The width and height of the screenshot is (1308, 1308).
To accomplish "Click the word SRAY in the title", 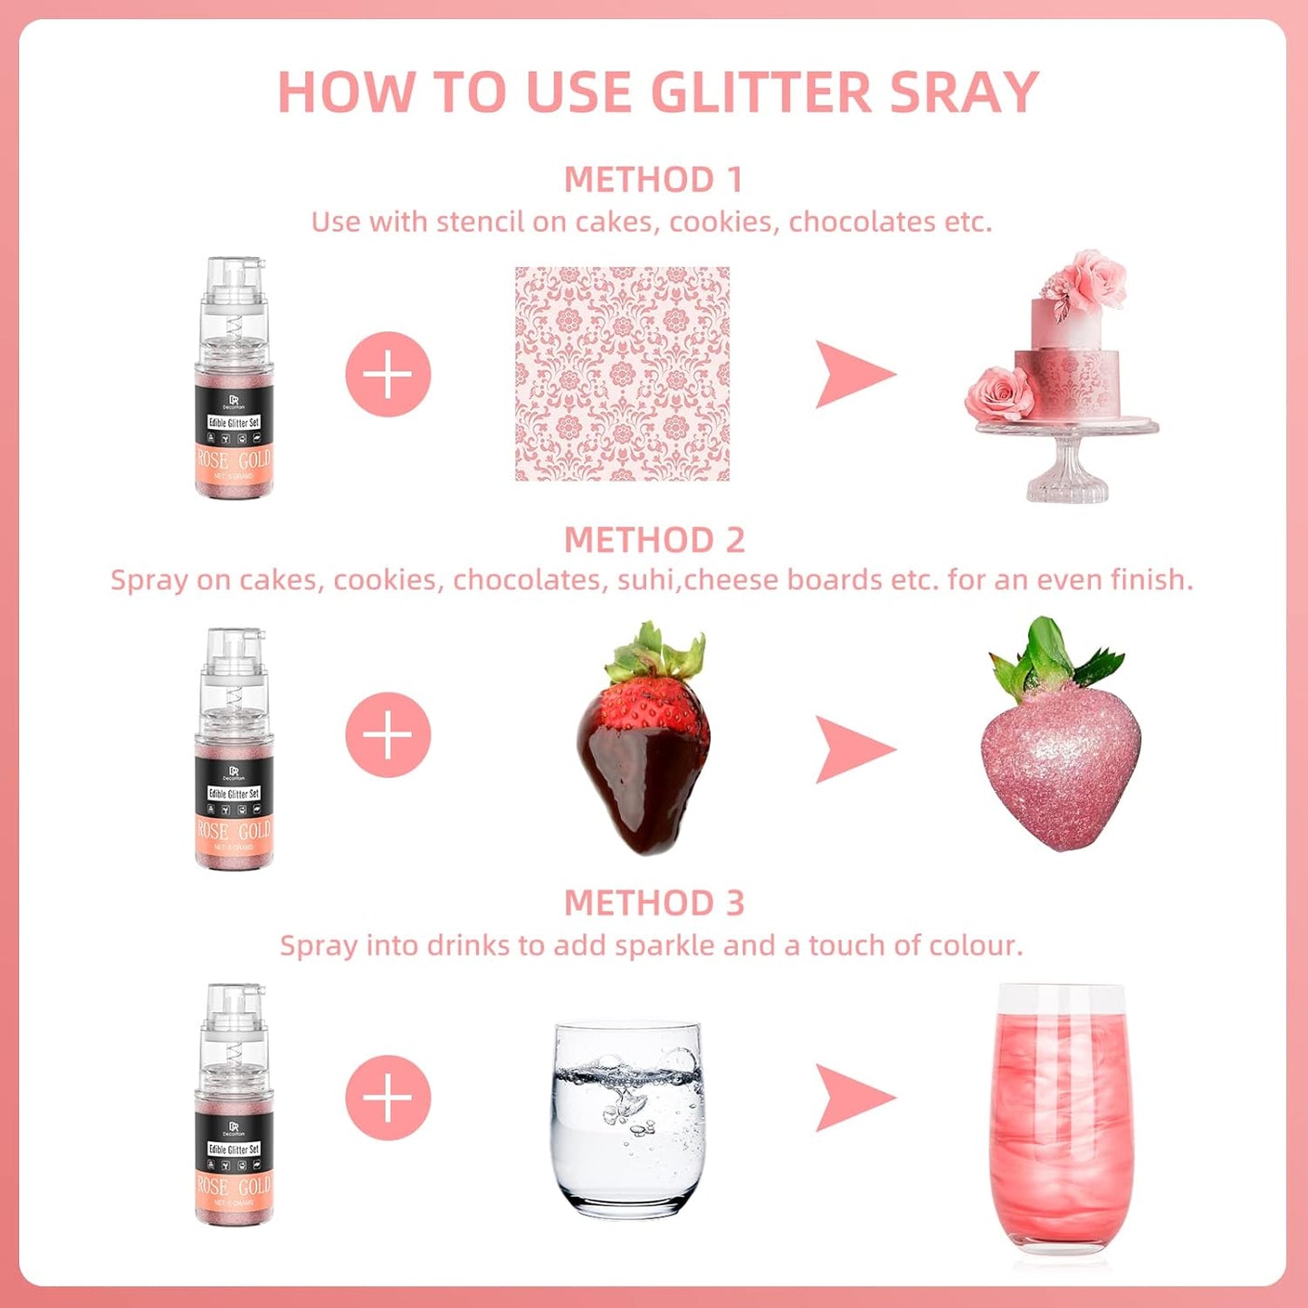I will [963, 92].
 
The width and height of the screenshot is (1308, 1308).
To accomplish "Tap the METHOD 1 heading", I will [654, 179].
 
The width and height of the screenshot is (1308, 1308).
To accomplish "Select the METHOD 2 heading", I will [654, 540].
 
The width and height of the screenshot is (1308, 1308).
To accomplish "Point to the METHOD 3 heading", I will [654, 902].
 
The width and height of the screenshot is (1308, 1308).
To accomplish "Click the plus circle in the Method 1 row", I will [387, 374].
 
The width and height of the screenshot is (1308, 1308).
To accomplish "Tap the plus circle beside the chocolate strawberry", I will [387, 734].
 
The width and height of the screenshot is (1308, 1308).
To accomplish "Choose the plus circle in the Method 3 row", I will [387, 1097].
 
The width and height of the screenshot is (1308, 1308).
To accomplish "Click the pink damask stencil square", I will [622, 373].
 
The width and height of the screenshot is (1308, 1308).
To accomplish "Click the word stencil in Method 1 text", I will [480, 222].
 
